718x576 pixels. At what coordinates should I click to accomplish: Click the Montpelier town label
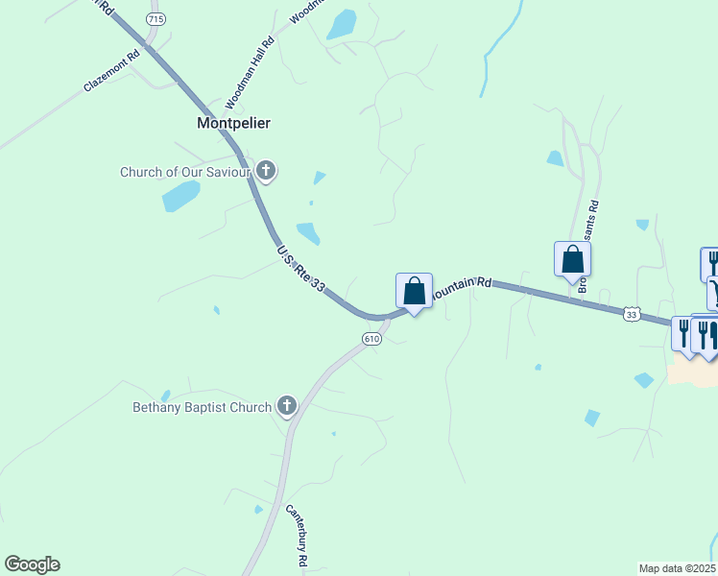coord(233,123)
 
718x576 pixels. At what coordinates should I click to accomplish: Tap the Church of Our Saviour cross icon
coord(266,172)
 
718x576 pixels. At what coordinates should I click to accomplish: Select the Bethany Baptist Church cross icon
coord(286,407)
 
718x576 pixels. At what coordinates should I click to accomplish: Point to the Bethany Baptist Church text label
coord(202,407)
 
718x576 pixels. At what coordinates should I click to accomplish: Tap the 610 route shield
coord(372,339)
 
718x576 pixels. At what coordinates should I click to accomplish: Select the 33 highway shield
coord(631,314)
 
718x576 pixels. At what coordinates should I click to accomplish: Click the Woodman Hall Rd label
coord(250,72)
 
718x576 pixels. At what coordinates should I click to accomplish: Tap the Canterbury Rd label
coord(296,535)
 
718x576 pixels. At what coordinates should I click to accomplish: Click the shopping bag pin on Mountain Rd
coord(414,291)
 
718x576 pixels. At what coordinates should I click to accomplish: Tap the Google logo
coord(32,564)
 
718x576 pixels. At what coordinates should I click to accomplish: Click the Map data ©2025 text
coord(678,568)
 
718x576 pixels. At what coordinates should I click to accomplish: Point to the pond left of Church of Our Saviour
coord(180,196)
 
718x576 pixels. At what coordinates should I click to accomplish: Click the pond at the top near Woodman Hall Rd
coord(342,24)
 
